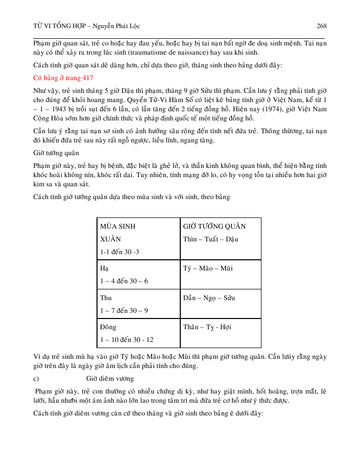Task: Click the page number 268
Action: tap(321, 26)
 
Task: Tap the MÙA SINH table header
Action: tap(117, 226)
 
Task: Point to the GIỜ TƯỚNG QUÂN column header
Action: tap(214, 226)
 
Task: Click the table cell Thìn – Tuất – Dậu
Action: tap(210, 239)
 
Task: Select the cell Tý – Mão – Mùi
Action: tap(207, 268)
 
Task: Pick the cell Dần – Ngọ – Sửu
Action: tap(208, 298)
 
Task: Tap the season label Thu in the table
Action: tap(106, 298)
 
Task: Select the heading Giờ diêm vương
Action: tap(110, 378)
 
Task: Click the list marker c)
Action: tap(36, 378)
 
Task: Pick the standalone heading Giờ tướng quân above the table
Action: tap(55, 152)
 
